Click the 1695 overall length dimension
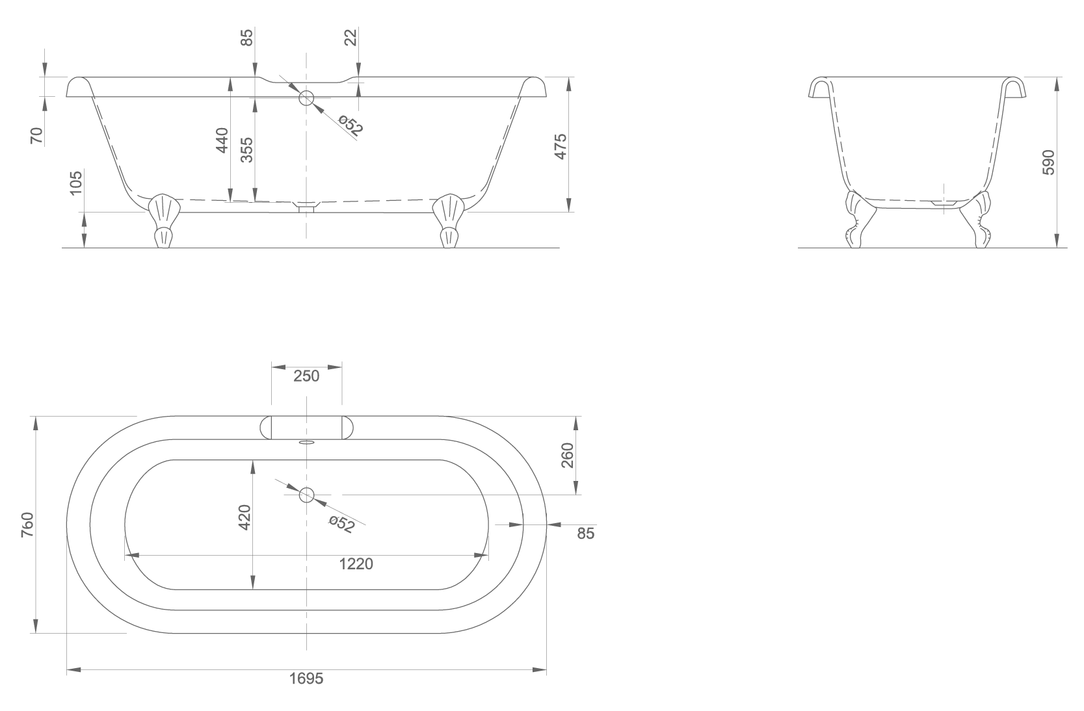(x=306, y=679)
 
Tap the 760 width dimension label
(x=27, y=524)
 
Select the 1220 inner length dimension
(x=356, y=564)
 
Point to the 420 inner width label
(x=245, y=517)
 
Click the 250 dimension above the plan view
(x=306, y=376)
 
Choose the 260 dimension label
(x=566, y=455)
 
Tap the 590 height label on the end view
(x=1048, y=162)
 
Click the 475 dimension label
(x=561, y=146)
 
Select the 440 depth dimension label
(x=222, y=140)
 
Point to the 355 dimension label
(x=247, y=150)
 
